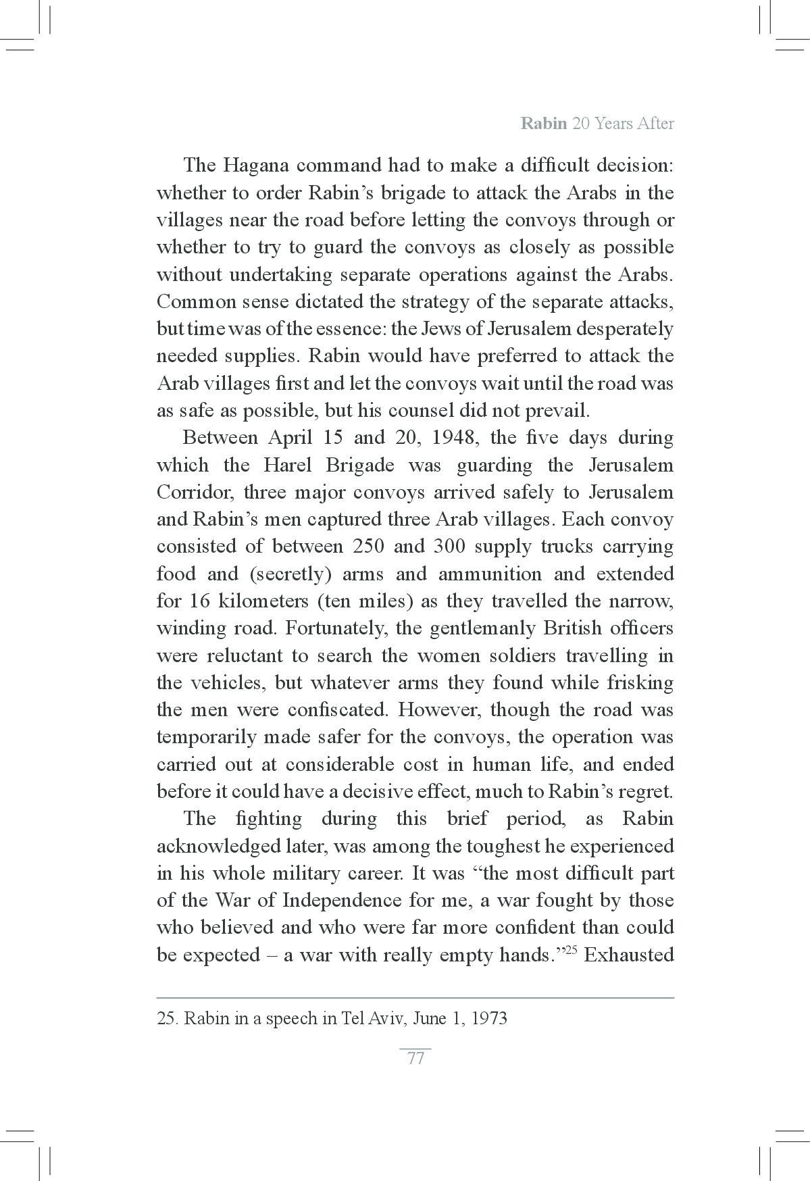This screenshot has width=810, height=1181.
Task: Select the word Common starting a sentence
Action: pyautogui.click(x=190, y=301)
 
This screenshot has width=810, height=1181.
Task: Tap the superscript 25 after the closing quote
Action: pyautogui.click(x=569, y=951)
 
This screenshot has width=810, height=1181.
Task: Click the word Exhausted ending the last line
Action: pyautogui.click(x=629, y=955)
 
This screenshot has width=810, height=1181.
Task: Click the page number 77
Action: pyautogui.click(x=415, y=1058)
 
